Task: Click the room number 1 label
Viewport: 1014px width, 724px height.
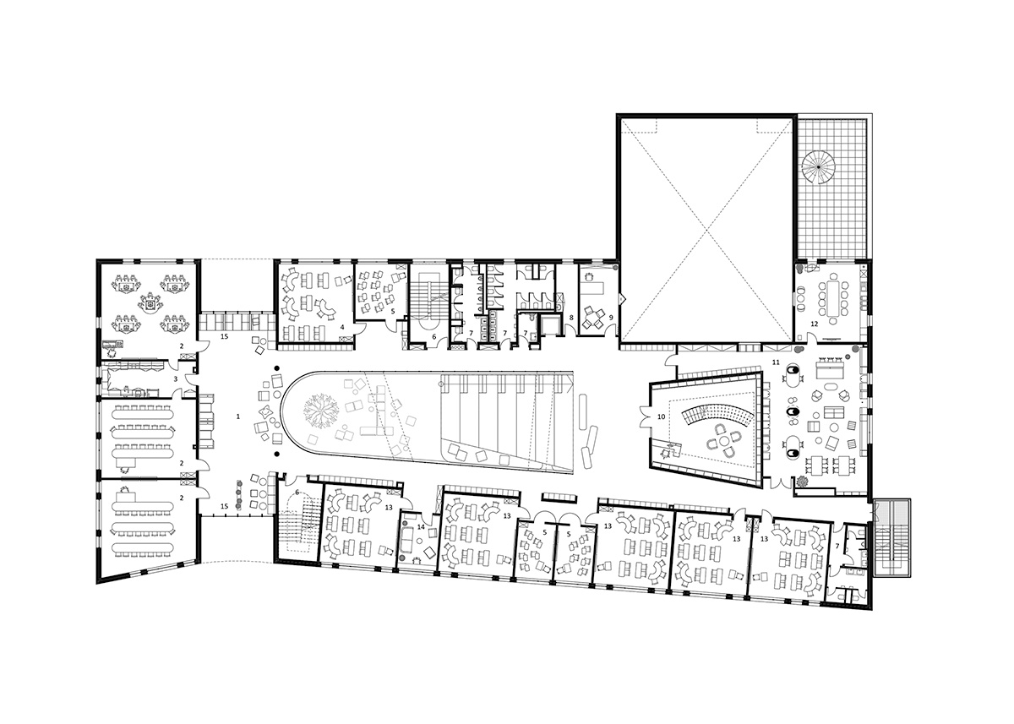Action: (x=238, y=416)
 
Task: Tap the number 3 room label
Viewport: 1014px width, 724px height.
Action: (x=176, y=378)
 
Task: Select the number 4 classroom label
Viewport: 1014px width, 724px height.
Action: (x=342, y=327)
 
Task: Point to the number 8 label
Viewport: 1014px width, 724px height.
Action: (x=571, y=318)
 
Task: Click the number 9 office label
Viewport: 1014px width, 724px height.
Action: (x=611, y=318)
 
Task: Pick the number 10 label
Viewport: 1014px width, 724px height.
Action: (x=661, y=416)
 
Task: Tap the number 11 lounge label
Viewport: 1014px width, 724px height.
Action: (x=776, y=362)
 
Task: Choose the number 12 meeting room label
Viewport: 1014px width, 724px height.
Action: (x=815, y=324)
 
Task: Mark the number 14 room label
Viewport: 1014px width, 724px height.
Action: (x=421, y=527)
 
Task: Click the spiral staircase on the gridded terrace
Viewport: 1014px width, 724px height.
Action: (x=819, y=167)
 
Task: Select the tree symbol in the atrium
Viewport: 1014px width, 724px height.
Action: (x=321, y=411)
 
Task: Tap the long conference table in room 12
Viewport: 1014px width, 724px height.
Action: (x=833, y=298)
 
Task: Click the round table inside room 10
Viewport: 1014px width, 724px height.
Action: (x=724, y=439)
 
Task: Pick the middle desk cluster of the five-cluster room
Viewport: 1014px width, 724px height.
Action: (x=150, y=302)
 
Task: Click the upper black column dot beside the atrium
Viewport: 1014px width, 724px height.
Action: (x=276, y=367)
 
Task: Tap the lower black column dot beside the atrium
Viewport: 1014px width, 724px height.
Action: (x=276, y=453)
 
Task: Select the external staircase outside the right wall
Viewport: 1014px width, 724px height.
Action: (x=891, y=537)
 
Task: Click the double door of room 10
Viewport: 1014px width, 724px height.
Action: (x=644, y=416)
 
